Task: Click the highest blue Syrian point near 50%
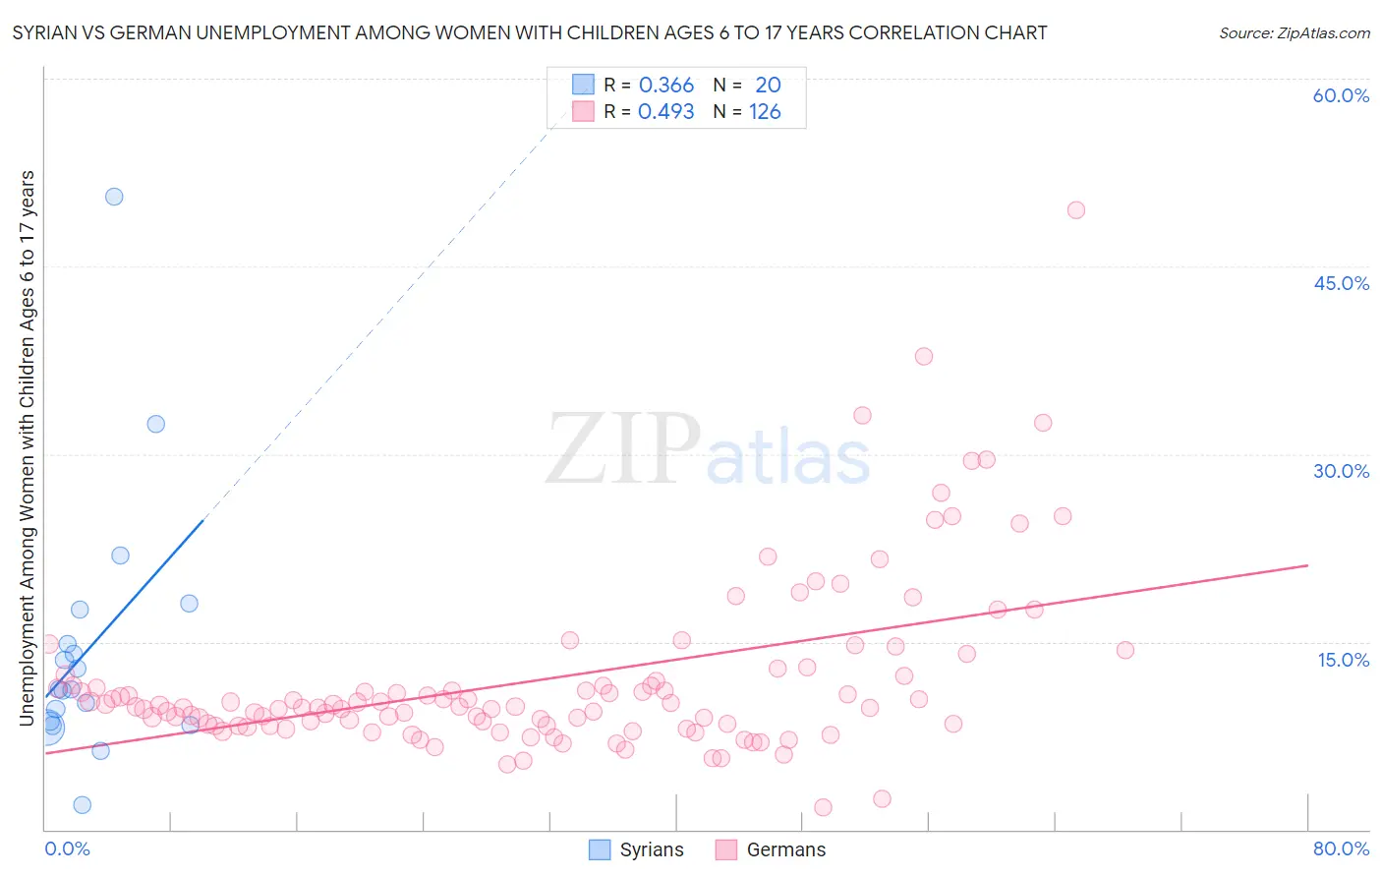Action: tap(114, 197)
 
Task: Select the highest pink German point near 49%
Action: tap(1075, 210)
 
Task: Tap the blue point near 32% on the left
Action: tap(155, 425)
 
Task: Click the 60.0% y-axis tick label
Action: tap(1341, 95)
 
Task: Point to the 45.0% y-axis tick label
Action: tap(1341, 283)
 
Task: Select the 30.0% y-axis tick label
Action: tap(1341, 471)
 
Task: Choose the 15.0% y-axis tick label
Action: tap(1343, 660)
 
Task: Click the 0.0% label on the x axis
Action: tap(67, 848)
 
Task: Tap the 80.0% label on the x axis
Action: tap(1341, 848)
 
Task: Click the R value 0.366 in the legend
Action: tap(666, 86)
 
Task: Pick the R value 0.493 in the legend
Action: tap(666, 112)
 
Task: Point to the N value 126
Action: tap(765, 112)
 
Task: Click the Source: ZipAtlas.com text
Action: tap(1294, 32)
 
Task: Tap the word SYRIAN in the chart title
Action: tap(45, 32)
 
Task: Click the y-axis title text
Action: tap(28, 447)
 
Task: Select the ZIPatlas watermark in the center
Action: tap(708, 449)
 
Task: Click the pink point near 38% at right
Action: tap(923, 357)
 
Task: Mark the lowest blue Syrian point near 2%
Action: tap(83, 805)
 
